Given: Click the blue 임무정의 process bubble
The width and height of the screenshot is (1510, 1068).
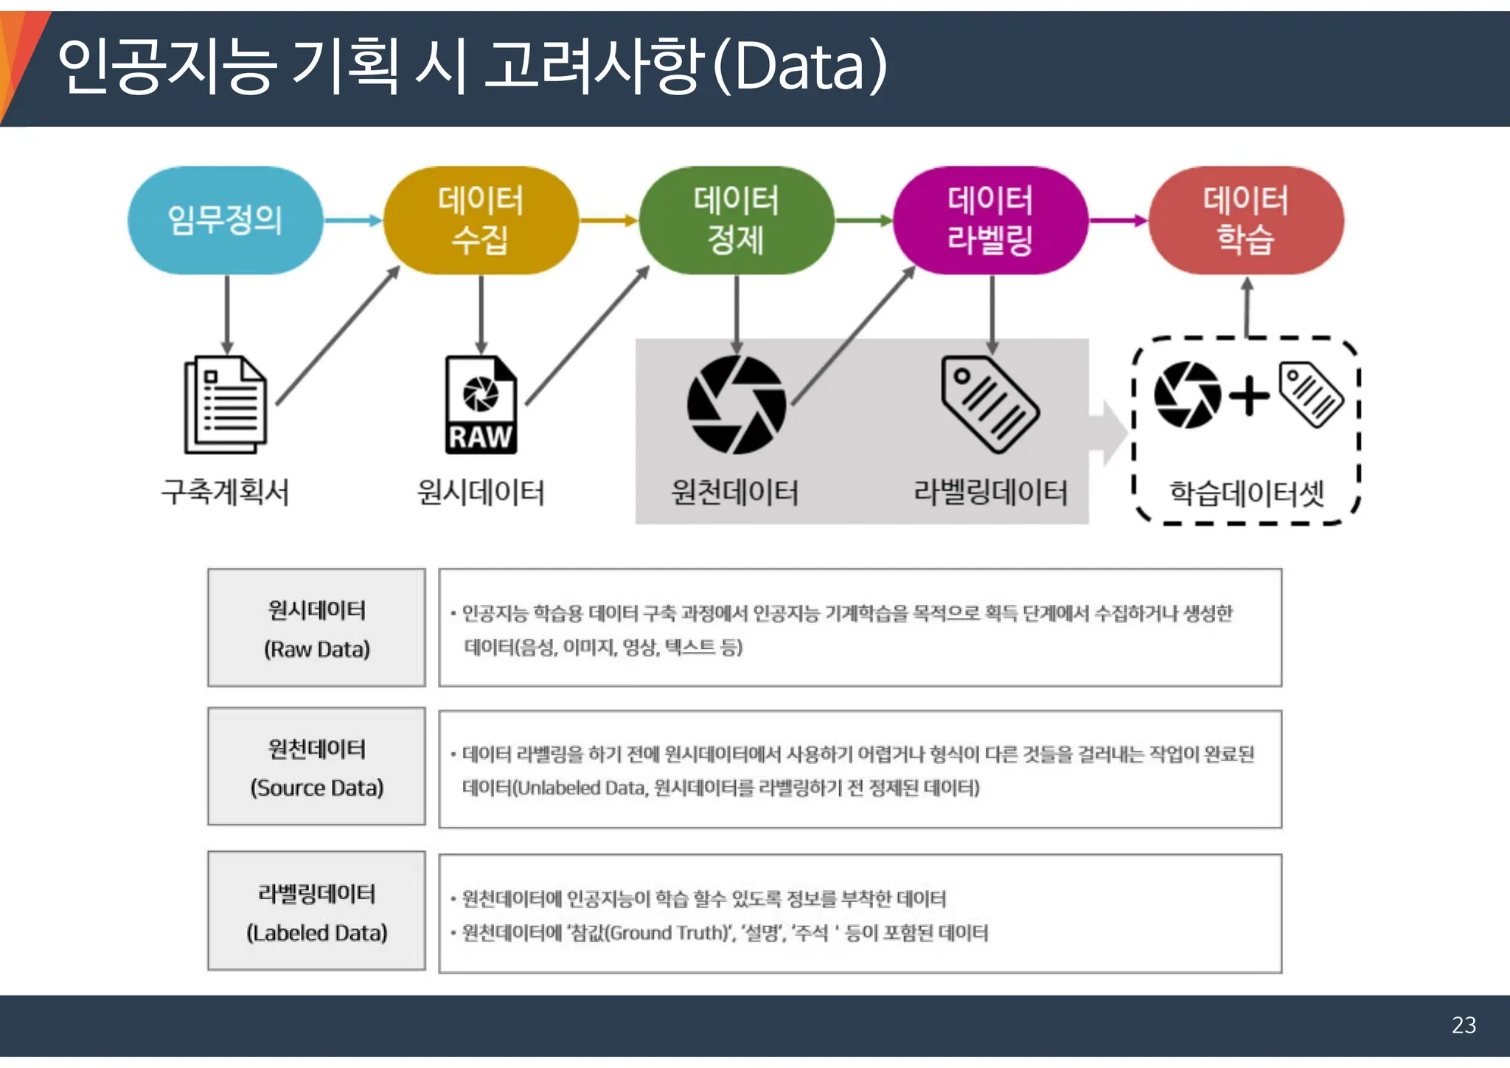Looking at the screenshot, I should click(225, 220).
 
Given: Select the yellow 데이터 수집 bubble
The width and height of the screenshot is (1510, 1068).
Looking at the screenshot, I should click(481, 220).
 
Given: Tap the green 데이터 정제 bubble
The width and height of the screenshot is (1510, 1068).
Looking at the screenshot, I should click(736, 220).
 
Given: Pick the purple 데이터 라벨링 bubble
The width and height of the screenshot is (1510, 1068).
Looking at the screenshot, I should click(990, 220).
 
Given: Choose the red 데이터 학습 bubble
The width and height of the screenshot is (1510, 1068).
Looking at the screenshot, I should click(1246, 220).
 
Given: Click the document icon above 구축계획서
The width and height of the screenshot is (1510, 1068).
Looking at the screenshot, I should click(226, 404).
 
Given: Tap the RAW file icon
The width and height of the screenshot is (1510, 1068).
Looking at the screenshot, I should click(481, 404).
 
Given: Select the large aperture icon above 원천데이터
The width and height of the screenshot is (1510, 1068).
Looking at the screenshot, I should click(736, 404).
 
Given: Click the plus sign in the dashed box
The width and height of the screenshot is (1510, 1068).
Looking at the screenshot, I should click(1249, 396).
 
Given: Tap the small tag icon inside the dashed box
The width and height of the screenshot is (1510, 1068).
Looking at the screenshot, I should click(1311, 394).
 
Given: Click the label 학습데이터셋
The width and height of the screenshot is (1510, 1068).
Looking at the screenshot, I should click(1247, 493).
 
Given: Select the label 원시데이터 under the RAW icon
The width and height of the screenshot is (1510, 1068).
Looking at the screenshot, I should click(481, 492).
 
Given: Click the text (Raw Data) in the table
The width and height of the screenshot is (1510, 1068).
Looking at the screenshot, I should click(317, 649).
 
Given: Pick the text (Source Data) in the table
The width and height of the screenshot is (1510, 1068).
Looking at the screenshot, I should click(317, 788).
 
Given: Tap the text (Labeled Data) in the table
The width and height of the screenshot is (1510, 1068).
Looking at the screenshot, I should click(317, 932).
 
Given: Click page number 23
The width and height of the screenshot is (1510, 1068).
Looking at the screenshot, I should click(1464, 1024).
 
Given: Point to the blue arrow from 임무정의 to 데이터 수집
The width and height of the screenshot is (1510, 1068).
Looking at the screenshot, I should click(352, 220).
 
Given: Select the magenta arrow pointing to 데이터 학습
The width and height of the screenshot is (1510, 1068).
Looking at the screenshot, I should click(1118, 220).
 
